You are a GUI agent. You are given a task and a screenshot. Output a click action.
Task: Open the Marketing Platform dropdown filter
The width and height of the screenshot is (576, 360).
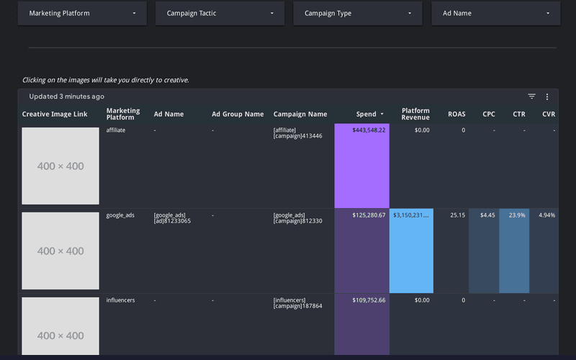point(82,13)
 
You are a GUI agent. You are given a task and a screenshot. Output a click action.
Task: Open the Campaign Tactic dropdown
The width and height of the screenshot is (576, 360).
point(220,13)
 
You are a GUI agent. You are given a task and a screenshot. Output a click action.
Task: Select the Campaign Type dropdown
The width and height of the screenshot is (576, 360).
point(358,13)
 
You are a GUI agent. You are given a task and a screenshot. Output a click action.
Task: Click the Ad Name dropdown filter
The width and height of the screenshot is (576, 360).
point(495,13)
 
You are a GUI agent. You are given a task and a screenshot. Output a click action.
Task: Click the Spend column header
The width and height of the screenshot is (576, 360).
point(366,114)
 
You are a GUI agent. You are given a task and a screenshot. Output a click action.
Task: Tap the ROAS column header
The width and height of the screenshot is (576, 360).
point(456,114)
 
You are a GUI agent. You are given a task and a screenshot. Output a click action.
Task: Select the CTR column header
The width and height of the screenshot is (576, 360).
point(518,114)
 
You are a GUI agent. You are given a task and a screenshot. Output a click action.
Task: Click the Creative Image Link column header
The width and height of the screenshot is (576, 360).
point(55,114)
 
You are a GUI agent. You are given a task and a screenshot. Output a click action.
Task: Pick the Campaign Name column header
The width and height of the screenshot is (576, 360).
point(300,114)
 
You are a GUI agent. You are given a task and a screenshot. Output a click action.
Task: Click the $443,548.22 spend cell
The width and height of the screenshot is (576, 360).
point(369,130)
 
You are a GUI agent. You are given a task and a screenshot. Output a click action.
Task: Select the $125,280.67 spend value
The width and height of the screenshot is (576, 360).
point(369,215)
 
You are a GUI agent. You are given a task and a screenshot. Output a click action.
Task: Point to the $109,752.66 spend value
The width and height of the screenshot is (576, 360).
point(369,300)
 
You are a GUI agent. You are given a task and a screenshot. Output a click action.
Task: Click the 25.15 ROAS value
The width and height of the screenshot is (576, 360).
point(457,215)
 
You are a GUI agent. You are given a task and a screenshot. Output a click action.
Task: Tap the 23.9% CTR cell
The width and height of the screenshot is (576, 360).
point(517,215)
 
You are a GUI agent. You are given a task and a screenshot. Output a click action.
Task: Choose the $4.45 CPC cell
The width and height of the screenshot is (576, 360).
point(487,215)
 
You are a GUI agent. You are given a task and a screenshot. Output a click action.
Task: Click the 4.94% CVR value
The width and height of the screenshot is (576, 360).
point(546,215)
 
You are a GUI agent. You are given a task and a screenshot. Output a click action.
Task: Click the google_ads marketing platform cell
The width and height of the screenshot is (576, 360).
point(120,215)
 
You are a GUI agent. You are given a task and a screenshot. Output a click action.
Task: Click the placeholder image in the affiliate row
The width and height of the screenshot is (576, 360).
point(60,166)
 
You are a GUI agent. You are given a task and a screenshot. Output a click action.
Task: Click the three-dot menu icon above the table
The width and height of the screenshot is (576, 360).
point(547,96)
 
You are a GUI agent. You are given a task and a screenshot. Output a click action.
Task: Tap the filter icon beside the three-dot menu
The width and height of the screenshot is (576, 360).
point(531,96)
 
